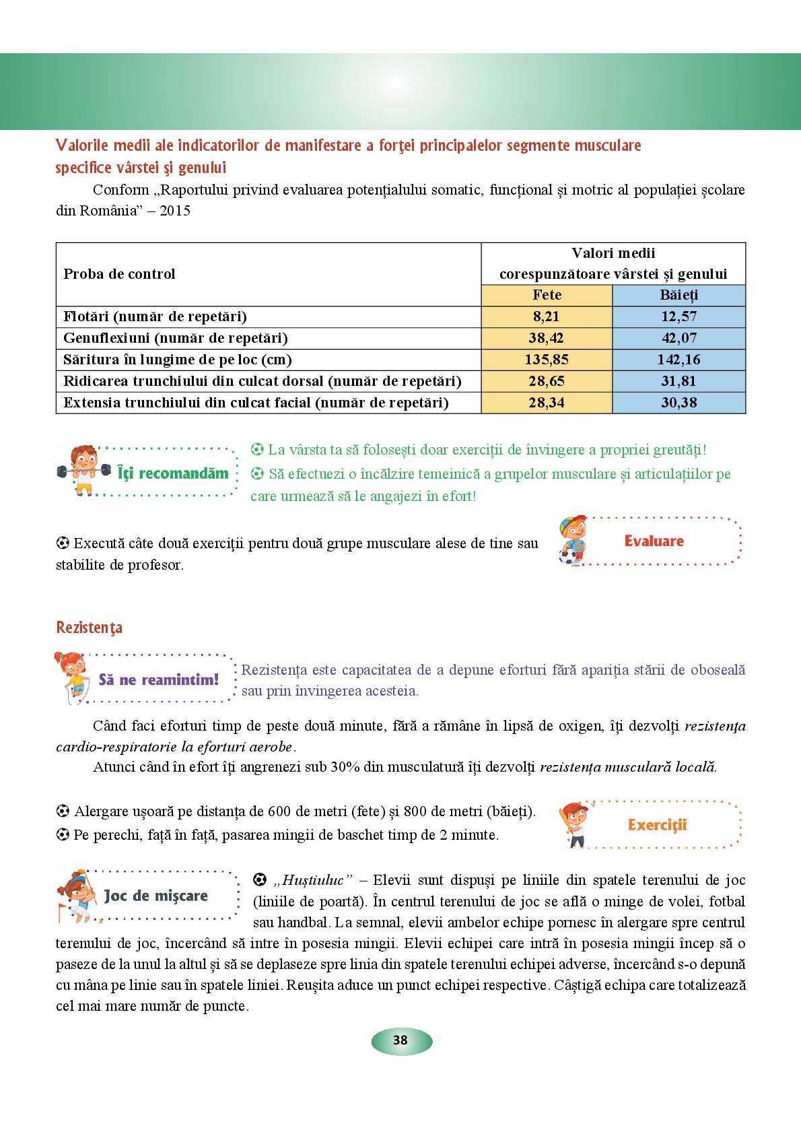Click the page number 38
point(401,1040)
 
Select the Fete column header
point(547,295)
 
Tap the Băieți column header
point(678,295)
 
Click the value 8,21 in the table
point(546,316)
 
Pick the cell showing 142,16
point(678,360)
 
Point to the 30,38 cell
point(678,403)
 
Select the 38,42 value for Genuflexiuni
point(546,338)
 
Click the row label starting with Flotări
point(155,316)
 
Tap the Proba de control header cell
point(119,274)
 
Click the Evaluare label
point(654,541)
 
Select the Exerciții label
point(657,825)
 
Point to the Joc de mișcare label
point(155,896)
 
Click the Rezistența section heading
point(89,628)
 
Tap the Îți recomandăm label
point(172,473)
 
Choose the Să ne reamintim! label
point(158,680)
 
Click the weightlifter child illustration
point(83,470)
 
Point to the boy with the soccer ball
point(572,541)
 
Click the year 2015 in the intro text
point(175,211)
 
